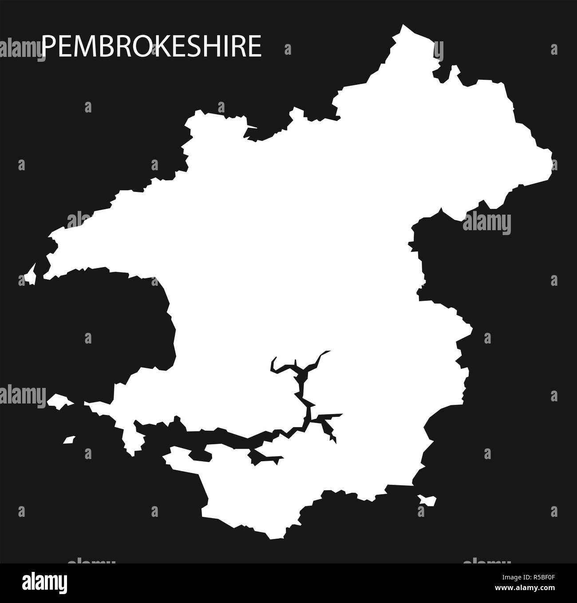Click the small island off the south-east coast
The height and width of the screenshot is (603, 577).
point(427,500)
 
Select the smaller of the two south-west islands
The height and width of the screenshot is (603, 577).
point(68,439)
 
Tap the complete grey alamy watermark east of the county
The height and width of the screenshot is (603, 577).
point(486,221)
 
